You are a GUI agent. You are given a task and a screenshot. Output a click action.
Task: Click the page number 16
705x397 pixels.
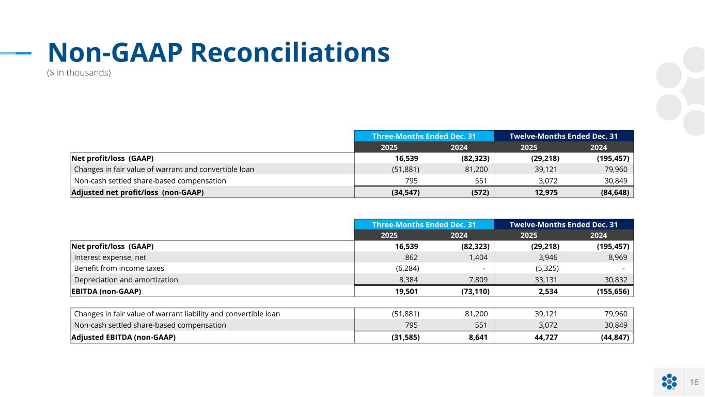click(694, 382)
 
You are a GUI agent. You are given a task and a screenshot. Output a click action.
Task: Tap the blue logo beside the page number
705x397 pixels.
click(669, 381)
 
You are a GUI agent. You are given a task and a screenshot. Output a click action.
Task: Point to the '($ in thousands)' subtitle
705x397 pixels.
click(79, 73)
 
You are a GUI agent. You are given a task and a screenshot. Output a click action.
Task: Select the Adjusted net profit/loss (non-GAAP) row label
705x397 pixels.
click(137, 192)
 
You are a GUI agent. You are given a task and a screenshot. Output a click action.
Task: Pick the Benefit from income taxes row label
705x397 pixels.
click(119, 268)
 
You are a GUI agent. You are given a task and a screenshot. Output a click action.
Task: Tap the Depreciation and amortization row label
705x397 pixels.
click(126, 280)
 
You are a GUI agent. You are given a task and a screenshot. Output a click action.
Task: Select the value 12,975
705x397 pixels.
click(544, 192)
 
